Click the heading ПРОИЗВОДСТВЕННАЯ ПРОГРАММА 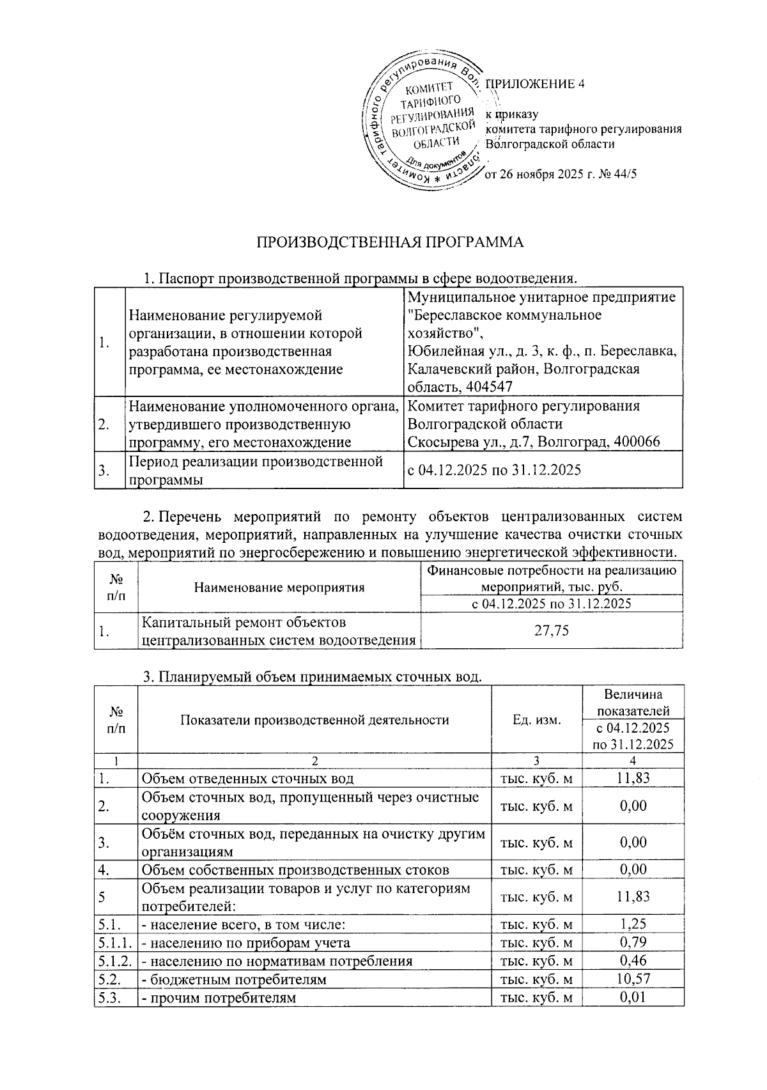[x=390, y=242]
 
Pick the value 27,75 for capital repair [x=552, y=631]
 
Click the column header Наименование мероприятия [x=279, y=587]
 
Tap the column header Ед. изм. [x=537, y=720]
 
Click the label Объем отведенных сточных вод [x=247, y=778]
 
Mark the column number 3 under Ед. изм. [x=537, y=761]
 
